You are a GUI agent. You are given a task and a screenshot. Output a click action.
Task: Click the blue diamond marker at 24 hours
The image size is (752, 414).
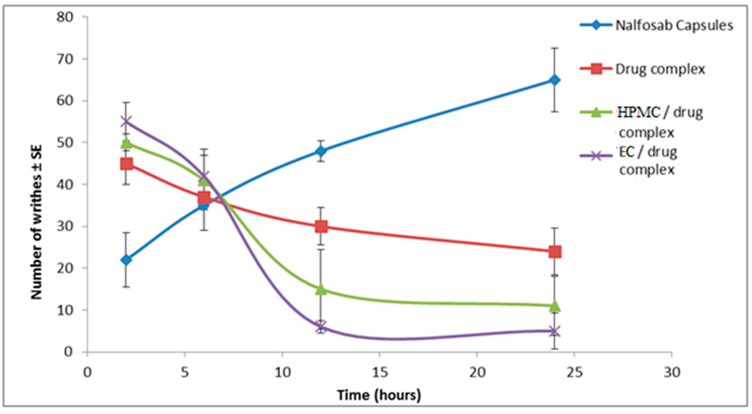554,80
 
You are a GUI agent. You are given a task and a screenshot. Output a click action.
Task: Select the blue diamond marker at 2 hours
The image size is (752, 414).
126,260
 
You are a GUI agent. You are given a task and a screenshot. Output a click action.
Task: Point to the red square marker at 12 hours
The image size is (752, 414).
321,226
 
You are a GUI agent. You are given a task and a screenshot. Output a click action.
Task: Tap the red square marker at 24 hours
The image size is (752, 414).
554,252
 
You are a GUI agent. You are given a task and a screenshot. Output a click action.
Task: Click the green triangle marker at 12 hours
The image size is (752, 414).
321,289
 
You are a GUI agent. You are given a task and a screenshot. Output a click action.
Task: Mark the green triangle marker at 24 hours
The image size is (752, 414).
554,306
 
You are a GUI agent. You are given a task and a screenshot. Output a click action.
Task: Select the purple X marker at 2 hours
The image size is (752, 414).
126,121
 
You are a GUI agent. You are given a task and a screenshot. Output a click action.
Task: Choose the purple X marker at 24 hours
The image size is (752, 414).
554,332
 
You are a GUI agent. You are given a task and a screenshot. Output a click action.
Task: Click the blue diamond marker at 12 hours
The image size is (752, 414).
321,151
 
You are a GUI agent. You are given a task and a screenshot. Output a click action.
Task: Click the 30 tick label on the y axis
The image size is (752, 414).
65,227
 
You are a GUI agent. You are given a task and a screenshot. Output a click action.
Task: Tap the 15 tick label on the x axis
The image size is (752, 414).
379,372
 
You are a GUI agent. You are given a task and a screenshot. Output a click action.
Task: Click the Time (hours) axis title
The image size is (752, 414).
379,395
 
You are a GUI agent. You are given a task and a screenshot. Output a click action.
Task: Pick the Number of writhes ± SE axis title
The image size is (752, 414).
37,222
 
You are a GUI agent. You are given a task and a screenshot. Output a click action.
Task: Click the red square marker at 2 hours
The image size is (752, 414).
126,164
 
